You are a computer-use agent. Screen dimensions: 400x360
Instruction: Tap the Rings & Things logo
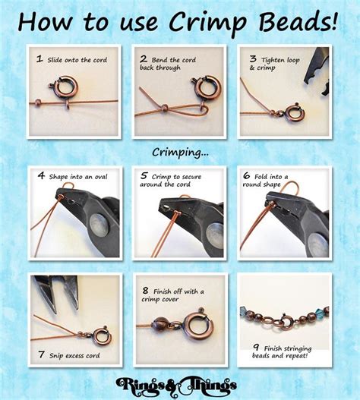coord(180,383)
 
